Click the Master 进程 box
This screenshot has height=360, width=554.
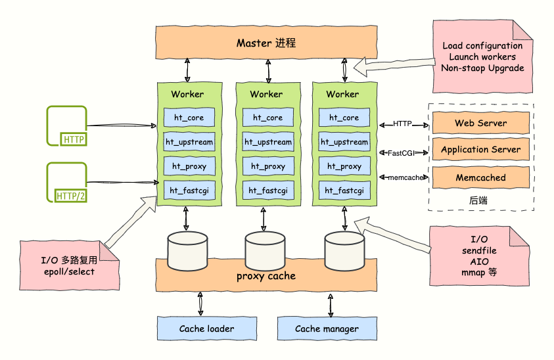266,43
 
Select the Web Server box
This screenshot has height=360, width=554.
480,124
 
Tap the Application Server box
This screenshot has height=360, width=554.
480,150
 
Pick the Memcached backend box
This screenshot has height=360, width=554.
480,177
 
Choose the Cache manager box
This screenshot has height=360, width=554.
327,328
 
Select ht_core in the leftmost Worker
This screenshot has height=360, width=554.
187,118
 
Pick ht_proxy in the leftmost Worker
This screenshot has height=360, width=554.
189,166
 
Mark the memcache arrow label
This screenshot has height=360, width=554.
404,177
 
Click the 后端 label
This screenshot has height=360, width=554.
478,200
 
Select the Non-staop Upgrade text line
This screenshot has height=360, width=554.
482,68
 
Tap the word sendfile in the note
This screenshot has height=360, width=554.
480,250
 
